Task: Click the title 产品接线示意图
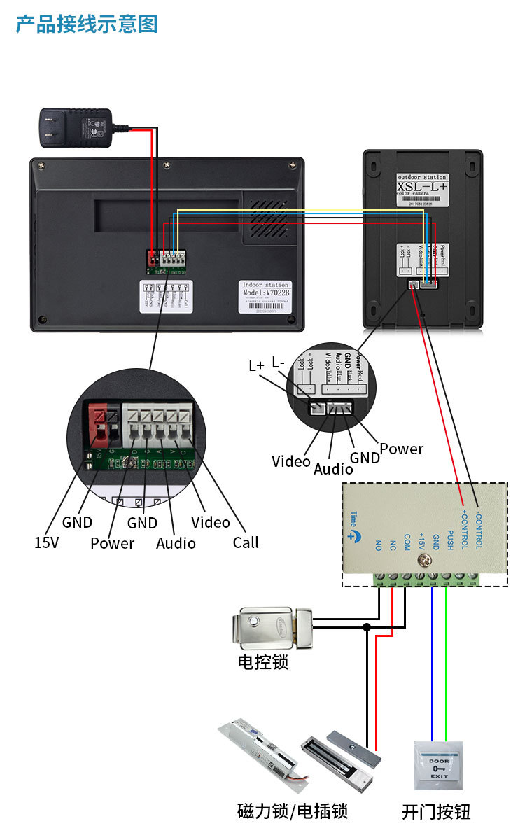(x=87, y=24)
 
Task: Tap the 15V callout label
(x=46, y=542)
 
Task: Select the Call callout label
(x=246, y=542)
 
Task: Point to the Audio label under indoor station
(x=176, y=543)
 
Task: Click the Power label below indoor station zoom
(x=112, y=543)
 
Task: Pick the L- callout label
(x=278, y=363)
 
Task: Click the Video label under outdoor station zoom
(x=290, y=461)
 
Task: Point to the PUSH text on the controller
(x=449, y=540)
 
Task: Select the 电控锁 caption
(x=263, y=661)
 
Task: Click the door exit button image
(x=439, y=765)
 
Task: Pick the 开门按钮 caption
(x=436, y=812)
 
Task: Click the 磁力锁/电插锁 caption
(x=293, y=812)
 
